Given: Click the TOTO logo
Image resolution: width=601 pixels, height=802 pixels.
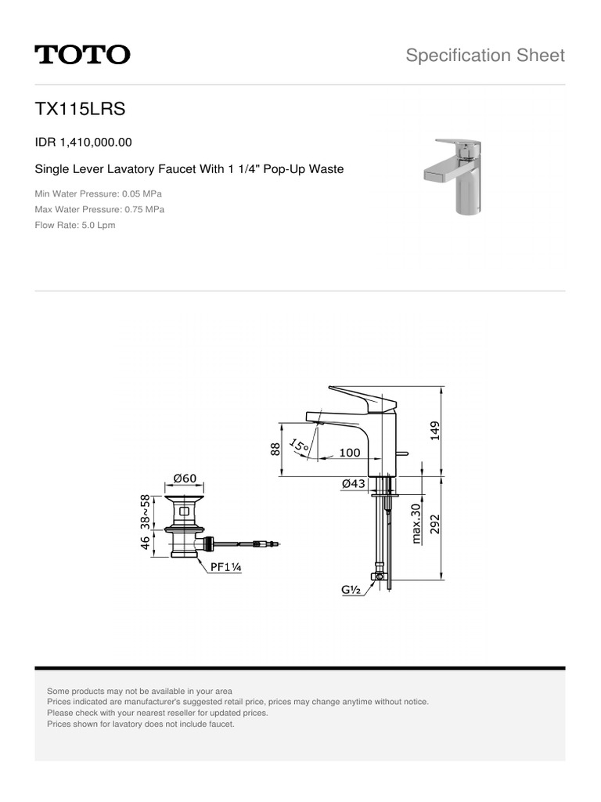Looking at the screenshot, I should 82,55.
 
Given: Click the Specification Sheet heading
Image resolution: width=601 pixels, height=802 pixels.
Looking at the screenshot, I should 485,55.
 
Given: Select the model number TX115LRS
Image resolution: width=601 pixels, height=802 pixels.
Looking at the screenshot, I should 80,110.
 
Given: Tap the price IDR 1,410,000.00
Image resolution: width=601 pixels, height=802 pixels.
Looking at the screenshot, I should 84,143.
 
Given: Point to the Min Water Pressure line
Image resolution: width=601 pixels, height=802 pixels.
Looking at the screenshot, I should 99,193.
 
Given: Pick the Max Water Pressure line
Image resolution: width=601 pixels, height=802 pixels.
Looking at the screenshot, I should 99,209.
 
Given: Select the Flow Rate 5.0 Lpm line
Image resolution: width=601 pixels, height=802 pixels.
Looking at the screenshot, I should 75,225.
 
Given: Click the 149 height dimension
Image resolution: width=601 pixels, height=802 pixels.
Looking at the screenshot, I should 435,430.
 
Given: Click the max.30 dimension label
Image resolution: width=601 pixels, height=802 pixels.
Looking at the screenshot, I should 416,523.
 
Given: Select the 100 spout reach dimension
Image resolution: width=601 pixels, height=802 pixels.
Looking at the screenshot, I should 350,453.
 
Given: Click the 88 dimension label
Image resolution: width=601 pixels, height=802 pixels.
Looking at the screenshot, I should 275,449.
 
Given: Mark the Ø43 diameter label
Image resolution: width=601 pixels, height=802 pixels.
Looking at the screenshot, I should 354,484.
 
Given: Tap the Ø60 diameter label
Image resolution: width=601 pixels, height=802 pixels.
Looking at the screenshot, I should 185,478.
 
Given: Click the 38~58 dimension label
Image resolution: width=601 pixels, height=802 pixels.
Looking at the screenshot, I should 145,511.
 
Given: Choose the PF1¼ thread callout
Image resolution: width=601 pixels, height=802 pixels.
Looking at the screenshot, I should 225,569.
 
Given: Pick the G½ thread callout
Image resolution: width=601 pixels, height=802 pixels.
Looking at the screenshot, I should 350,591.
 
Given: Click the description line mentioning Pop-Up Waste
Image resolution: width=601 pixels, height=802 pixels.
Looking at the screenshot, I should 189,169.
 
